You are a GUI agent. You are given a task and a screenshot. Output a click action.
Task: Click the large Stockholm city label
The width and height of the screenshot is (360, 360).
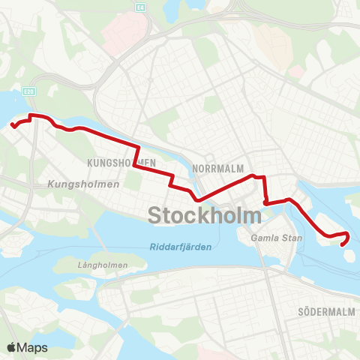coord(205,214)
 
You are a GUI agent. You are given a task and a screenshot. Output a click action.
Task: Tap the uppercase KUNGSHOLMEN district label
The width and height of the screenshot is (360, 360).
coord(121,162)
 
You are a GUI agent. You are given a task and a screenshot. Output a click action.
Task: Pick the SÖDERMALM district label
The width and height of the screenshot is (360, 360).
coord(325,311)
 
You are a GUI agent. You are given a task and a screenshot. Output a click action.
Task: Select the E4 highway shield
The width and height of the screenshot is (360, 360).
coord(139,6)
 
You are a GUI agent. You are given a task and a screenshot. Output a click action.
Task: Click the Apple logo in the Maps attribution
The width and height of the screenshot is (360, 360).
coord(13,347)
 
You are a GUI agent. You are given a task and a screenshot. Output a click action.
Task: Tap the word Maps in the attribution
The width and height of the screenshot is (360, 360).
coord(34,347)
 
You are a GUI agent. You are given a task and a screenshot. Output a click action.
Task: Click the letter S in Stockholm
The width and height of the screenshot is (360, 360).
coord(154,214)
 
